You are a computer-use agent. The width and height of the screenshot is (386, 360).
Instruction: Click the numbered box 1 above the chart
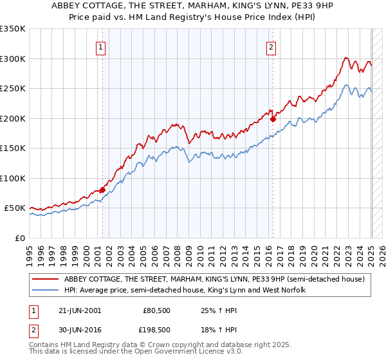click(x=102, y=47)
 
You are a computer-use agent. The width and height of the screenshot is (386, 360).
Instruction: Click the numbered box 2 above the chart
click(x=271, y=47)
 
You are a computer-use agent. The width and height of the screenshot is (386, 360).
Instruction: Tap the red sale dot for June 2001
click(x=102, y=190)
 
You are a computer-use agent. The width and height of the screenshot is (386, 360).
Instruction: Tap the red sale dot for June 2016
click(x=273, y=119)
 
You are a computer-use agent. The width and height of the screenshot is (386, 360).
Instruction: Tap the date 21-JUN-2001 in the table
click(x=78, y=310)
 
